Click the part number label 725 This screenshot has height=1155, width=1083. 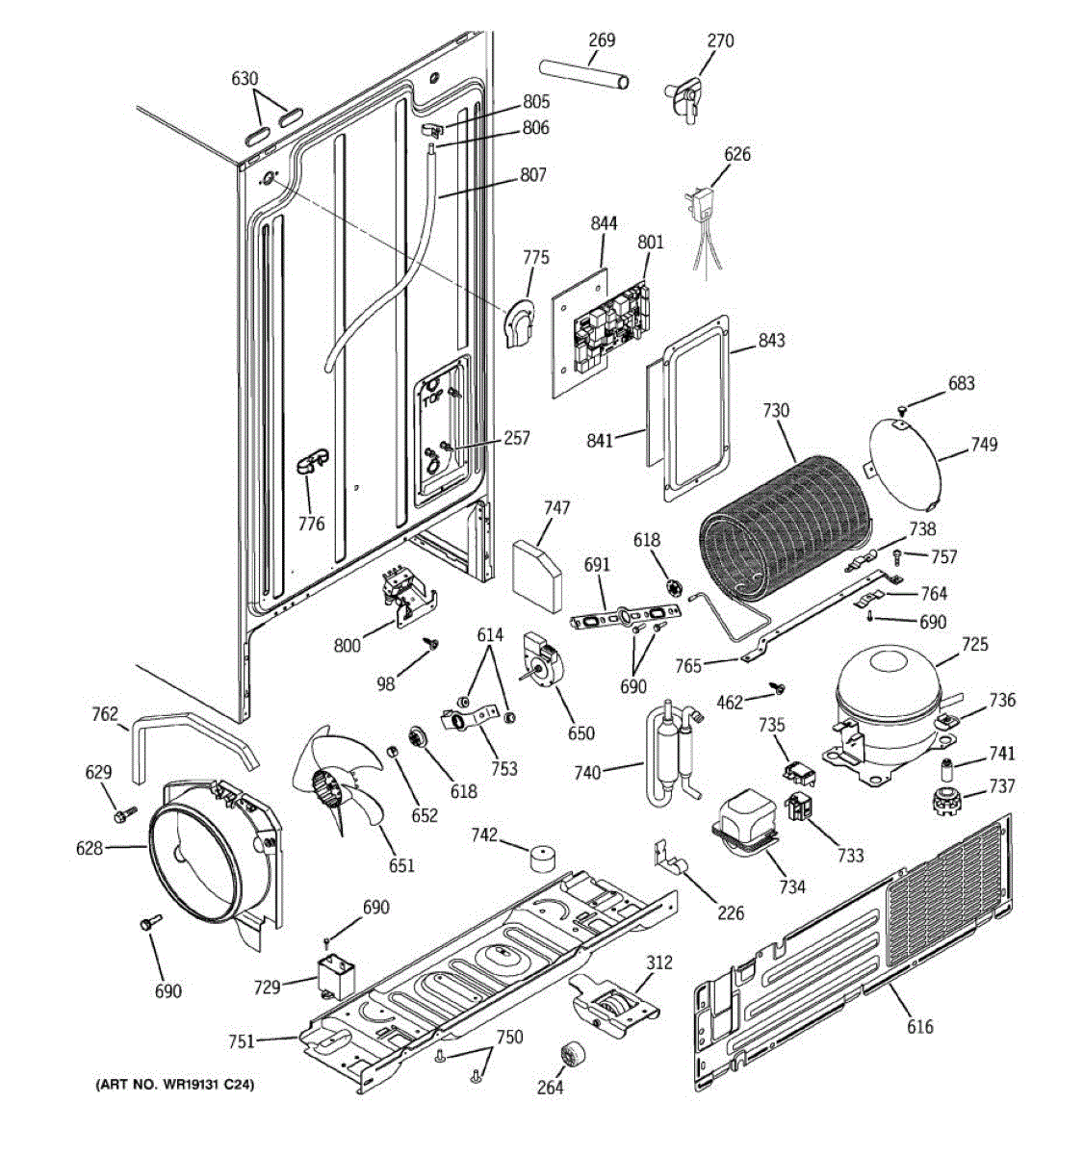click(x=974, y=644)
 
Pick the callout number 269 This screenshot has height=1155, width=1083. click(x=602, y=40)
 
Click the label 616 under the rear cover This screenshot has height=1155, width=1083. click(x=919, y=1027)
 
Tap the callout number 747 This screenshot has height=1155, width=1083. click(x=556, y=507)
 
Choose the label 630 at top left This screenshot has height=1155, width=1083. click(x=245, y=78)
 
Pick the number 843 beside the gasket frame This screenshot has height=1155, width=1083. click(x=771, y=340)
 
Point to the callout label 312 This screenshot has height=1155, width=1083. click(x=659, y=962)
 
